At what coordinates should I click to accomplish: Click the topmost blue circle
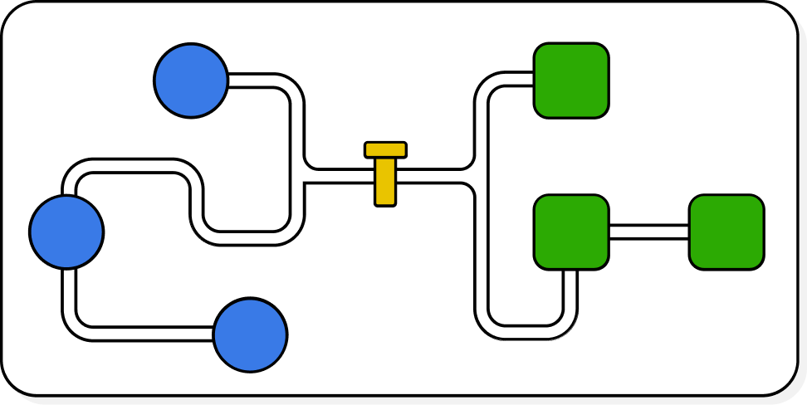[191, 81]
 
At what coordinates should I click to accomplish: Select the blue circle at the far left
[66, 232]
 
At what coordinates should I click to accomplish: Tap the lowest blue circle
[250, 334]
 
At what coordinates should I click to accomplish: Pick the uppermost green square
[571, 81]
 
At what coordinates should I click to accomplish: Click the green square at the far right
[726, 232]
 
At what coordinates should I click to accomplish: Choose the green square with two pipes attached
[571, 232]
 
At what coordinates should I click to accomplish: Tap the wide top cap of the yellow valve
[385, 149]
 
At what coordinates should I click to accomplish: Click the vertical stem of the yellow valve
[385, 183]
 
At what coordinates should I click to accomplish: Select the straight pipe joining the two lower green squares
[648, 232]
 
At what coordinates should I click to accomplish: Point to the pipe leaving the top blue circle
[257, 81]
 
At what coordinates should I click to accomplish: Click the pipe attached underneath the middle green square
[570, 286]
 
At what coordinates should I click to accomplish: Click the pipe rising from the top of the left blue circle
[69, 184]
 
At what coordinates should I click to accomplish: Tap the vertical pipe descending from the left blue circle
[69, 290]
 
